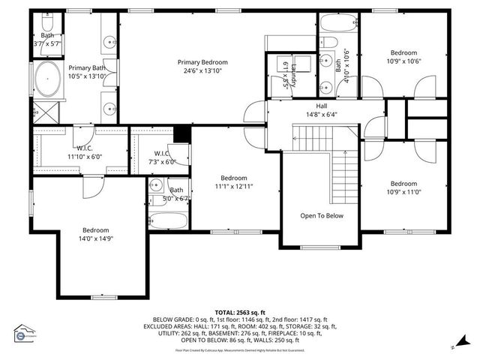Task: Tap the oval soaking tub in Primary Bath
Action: [48, 78]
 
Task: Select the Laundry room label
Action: [286, 76]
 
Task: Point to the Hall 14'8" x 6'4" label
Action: [322, 110]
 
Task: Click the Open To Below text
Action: [322, 215]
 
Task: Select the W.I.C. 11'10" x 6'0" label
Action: [84, 152]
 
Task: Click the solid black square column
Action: [181, 133]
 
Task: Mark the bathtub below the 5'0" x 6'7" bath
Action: [169, 220]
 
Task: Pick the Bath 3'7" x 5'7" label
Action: [47, 40]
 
